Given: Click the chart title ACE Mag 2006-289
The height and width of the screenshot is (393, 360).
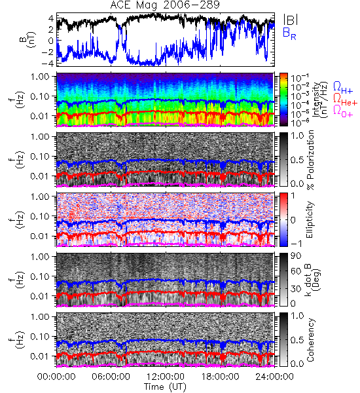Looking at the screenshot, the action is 165,5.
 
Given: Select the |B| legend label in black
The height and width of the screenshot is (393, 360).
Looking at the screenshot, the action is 291,20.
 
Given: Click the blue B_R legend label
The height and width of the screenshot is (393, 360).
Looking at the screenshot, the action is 289,33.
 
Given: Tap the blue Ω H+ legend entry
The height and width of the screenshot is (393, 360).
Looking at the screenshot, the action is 343,88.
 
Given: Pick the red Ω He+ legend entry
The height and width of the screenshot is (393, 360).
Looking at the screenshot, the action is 345,100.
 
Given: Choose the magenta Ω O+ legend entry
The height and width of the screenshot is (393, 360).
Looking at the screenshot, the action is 343,111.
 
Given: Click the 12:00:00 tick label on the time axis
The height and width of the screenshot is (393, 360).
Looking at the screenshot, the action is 166,377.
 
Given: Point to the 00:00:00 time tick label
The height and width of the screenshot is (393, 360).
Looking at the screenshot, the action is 56,377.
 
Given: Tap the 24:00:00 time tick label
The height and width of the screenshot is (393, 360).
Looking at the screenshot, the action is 274,377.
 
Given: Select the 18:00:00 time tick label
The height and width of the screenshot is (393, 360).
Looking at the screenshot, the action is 220,377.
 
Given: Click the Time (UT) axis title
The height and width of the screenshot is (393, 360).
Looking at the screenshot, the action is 165,387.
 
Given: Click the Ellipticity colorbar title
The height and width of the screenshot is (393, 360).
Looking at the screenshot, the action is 310,220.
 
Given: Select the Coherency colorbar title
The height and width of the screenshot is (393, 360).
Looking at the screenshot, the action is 310,340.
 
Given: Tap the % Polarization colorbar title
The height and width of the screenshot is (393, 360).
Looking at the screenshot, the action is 310,160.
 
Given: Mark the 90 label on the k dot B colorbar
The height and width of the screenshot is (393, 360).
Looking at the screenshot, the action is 296,256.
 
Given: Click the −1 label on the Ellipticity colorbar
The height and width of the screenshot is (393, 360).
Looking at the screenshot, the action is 296,244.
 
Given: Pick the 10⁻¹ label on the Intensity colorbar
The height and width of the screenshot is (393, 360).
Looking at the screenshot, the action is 297,78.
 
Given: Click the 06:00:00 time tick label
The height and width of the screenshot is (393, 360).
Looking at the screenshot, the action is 111,377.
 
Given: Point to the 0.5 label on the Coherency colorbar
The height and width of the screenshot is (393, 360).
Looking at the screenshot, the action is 297,340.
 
